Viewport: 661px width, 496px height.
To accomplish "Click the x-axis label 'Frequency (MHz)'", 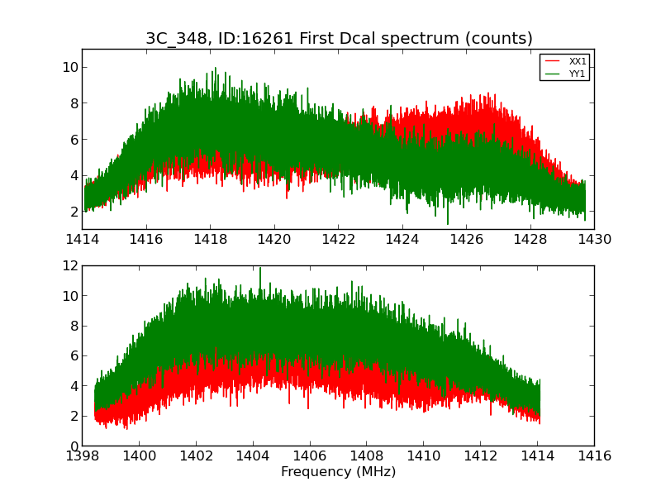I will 338,472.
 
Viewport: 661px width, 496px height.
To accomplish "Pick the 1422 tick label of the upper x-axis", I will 338,240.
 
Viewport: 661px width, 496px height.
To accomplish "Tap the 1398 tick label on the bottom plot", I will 82,456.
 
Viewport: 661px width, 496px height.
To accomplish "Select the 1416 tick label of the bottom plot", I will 594,456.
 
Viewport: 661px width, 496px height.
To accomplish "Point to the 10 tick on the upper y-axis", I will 69,68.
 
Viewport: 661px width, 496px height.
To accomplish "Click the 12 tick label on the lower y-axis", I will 69,266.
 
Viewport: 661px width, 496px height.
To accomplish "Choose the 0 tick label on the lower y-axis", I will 74,446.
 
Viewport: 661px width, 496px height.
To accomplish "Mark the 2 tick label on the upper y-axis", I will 74,212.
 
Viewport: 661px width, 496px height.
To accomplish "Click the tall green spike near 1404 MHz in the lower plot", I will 260,269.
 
